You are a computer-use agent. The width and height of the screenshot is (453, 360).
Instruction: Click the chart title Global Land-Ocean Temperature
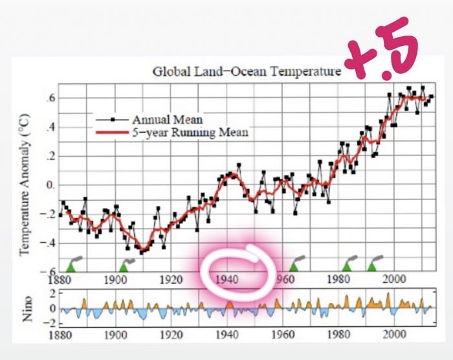[246, 71]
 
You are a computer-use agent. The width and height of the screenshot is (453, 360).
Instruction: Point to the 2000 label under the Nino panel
[393, 337]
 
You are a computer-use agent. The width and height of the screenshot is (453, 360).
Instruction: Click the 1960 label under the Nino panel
[282, 337]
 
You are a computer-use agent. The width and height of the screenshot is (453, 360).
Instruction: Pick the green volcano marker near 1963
[293, 266]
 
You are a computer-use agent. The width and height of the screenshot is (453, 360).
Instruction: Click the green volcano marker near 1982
[347, 266]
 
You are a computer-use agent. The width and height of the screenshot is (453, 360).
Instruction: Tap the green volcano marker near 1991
[372, 266]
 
